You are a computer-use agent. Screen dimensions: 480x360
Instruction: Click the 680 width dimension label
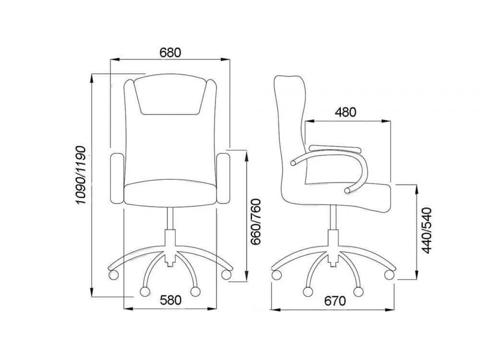170,53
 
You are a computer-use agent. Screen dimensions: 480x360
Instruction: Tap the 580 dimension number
170,300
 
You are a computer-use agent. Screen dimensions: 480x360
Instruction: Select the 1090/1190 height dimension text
80,175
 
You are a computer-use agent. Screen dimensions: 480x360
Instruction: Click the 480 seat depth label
346,112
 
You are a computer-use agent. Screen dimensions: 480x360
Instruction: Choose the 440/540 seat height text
426,231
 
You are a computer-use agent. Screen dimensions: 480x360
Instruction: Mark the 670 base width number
335,301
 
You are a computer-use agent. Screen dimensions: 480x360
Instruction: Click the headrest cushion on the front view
170,94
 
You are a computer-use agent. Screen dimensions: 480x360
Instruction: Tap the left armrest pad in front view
117,178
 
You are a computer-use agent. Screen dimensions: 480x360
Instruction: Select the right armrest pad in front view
223,178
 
